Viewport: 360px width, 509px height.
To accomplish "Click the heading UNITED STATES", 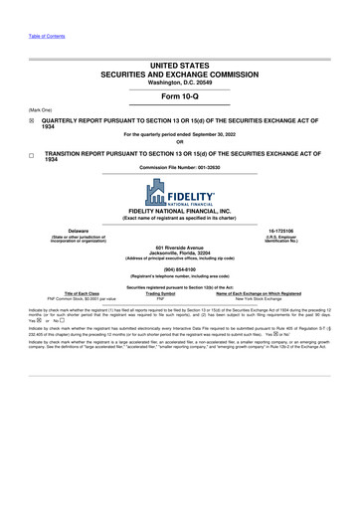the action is (180, 63).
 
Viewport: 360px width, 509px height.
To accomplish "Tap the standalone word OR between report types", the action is (180, 141).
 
